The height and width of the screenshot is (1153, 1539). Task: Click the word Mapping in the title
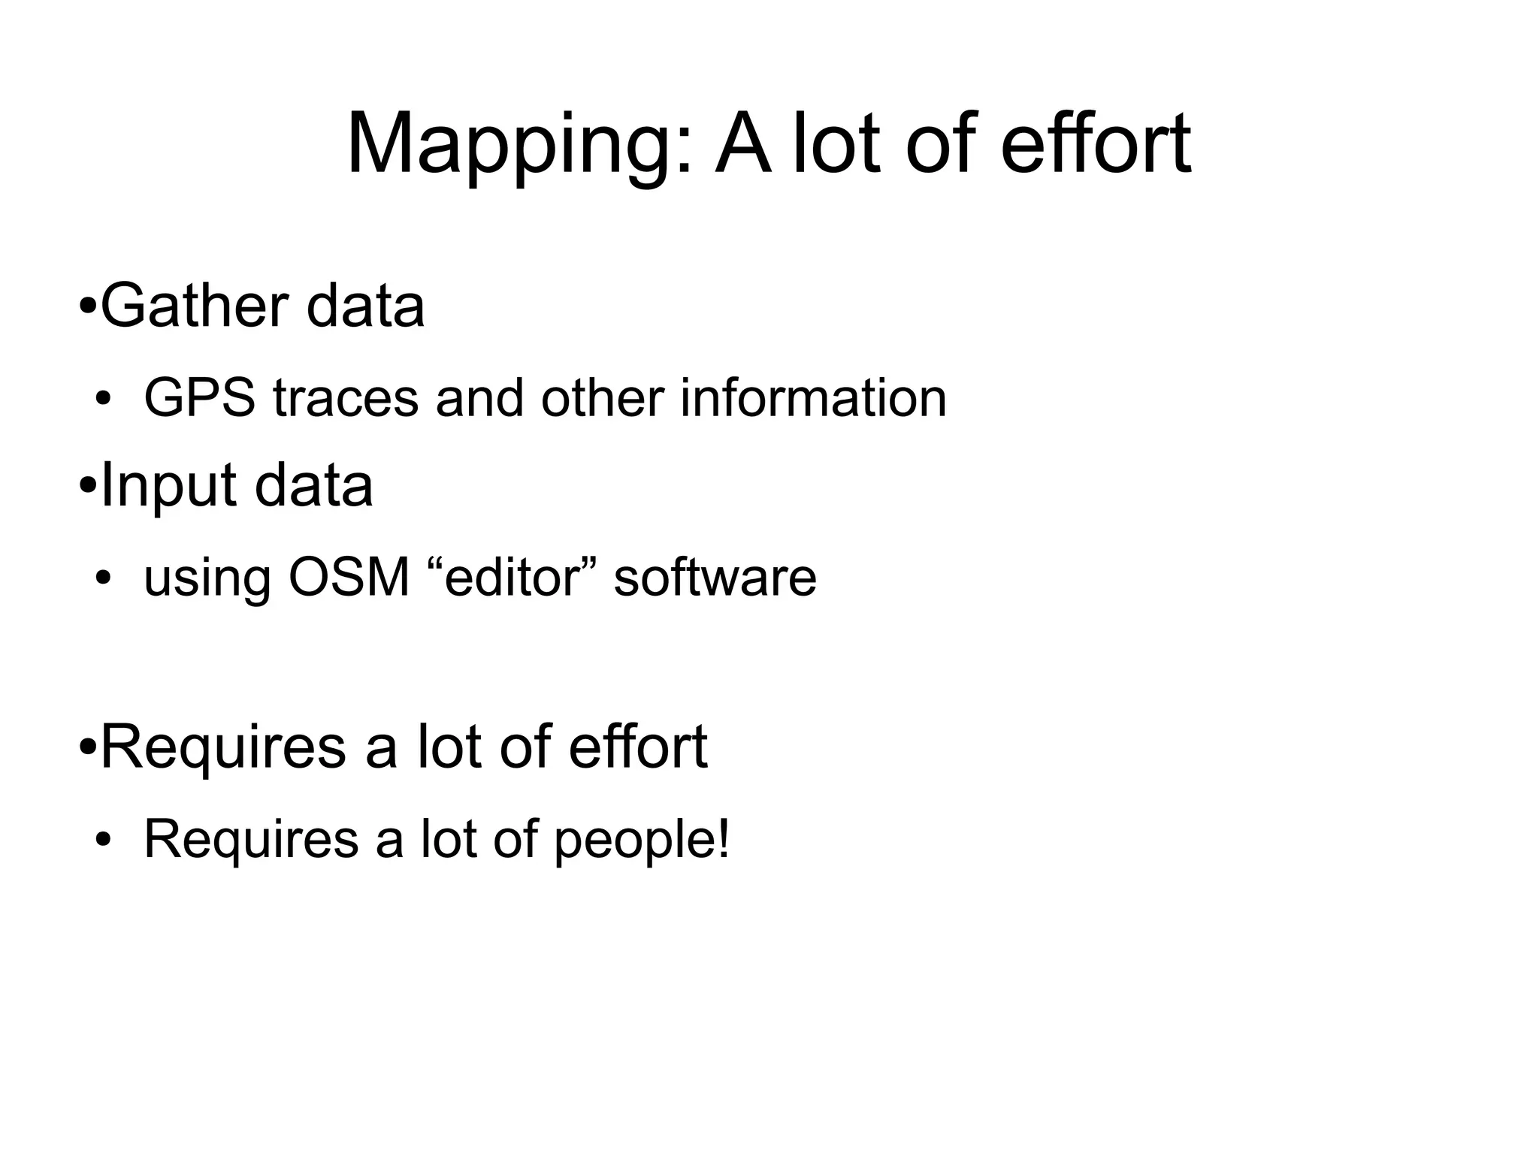click(x=510, y=145)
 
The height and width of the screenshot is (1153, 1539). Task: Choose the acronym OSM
click(x=349, y=578)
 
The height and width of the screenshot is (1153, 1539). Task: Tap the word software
click(x=715, y=578)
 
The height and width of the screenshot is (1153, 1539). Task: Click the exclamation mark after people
click(x=724, y=838)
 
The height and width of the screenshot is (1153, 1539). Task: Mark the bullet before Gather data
click(x=87, y=308)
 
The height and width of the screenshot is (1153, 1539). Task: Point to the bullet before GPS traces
click(x=103, y=400)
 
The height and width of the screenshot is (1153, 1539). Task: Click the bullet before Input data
click(x=87, y=487)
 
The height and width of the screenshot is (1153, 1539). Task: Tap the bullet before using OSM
click(x=103, y=579)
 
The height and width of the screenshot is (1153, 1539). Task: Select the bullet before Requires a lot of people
click(x=103, y=841)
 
